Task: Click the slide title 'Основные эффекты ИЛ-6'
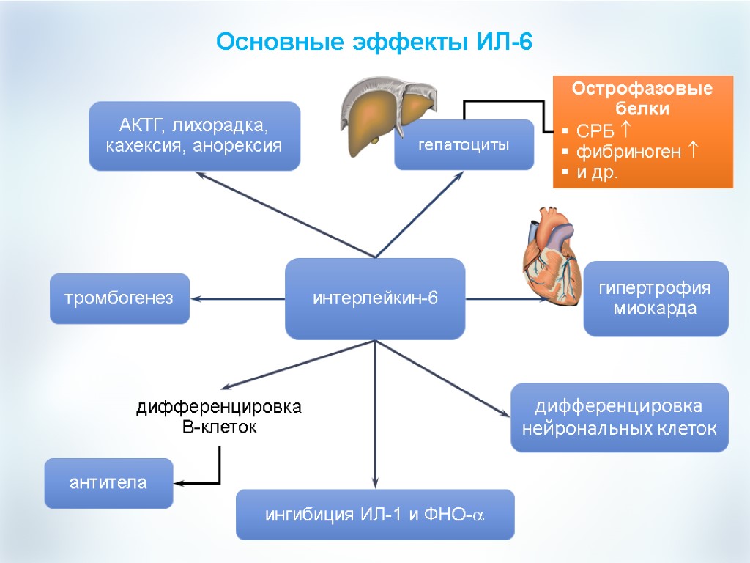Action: (x=374, y=42)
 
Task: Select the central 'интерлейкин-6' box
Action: (x=375, y=298)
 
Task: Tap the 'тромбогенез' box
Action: (x=119, y=298)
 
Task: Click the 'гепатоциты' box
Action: (x=464, y=144)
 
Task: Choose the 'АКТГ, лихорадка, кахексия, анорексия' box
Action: (x=194, y=136)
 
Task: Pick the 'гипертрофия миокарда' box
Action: (x=656, y=298)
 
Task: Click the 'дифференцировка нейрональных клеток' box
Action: (x=619, y=417)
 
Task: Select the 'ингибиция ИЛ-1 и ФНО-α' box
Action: (x=375, y=515)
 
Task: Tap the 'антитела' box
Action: (x=108, y=483)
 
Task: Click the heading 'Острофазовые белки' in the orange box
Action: (x=642, y=99)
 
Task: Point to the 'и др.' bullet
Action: (x=597, y=173)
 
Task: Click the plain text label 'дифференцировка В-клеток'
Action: (x=219, y=416)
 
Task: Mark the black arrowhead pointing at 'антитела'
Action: (x=179, y=483)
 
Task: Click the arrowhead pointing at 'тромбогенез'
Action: (x=196, y=298)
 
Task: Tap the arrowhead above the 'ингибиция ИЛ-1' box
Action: (x=375, y=482)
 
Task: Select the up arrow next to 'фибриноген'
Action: (x=694, y=152)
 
